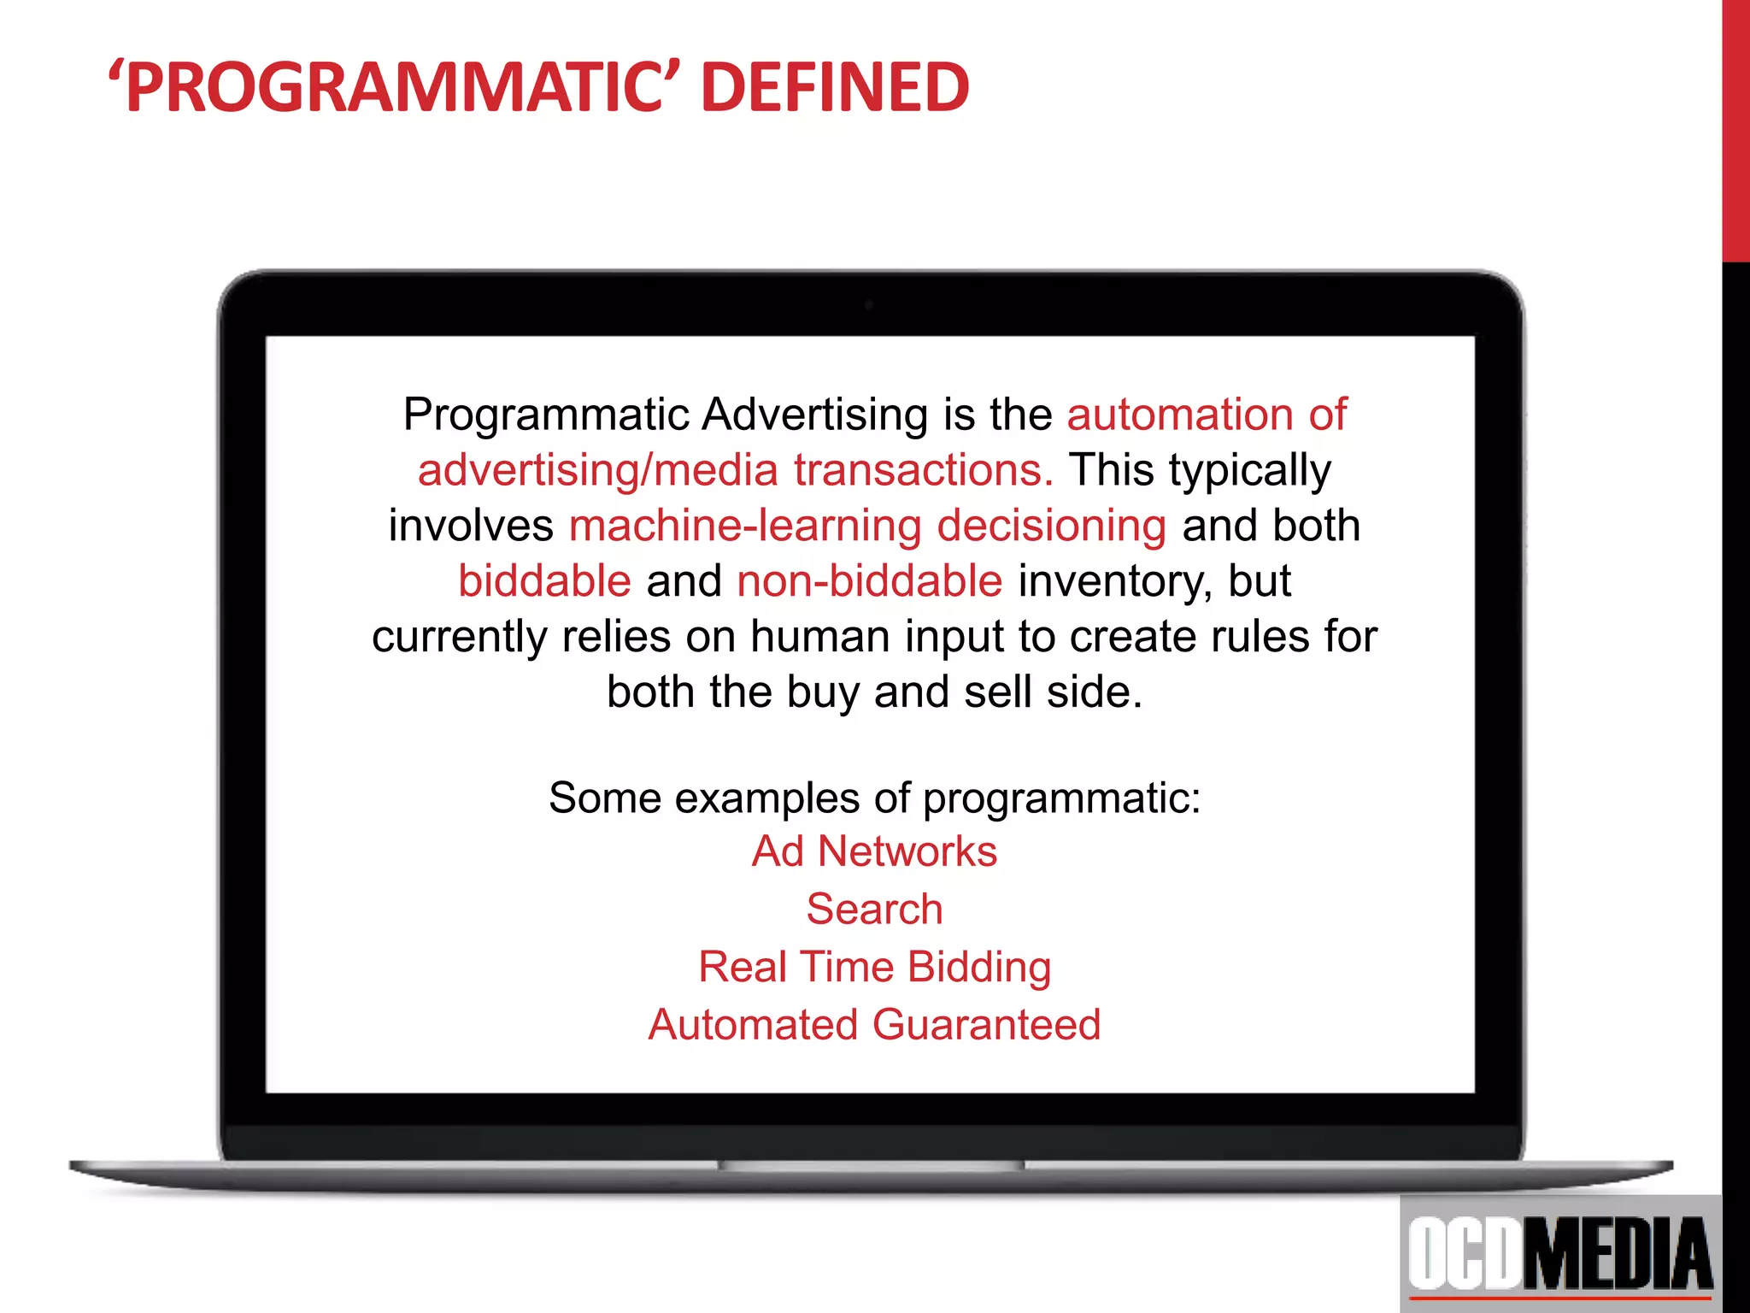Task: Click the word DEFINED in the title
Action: (835, 87)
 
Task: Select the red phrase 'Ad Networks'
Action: (874, 851)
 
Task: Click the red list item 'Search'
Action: (874, 909)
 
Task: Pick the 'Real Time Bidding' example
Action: (874, 967)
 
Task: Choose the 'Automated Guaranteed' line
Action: (874, 1024)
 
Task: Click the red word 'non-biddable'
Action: (869, 581)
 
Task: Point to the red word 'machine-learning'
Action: (745, 526)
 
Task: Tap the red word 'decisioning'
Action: (1051, 526)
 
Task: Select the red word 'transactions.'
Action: (924, 470)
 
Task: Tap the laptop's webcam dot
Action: (869, 305)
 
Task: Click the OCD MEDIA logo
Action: (1560, 1253)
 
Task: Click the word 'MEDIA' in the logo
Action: (1618, 1253)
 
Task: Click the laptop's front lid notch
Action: (872, 1164)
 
